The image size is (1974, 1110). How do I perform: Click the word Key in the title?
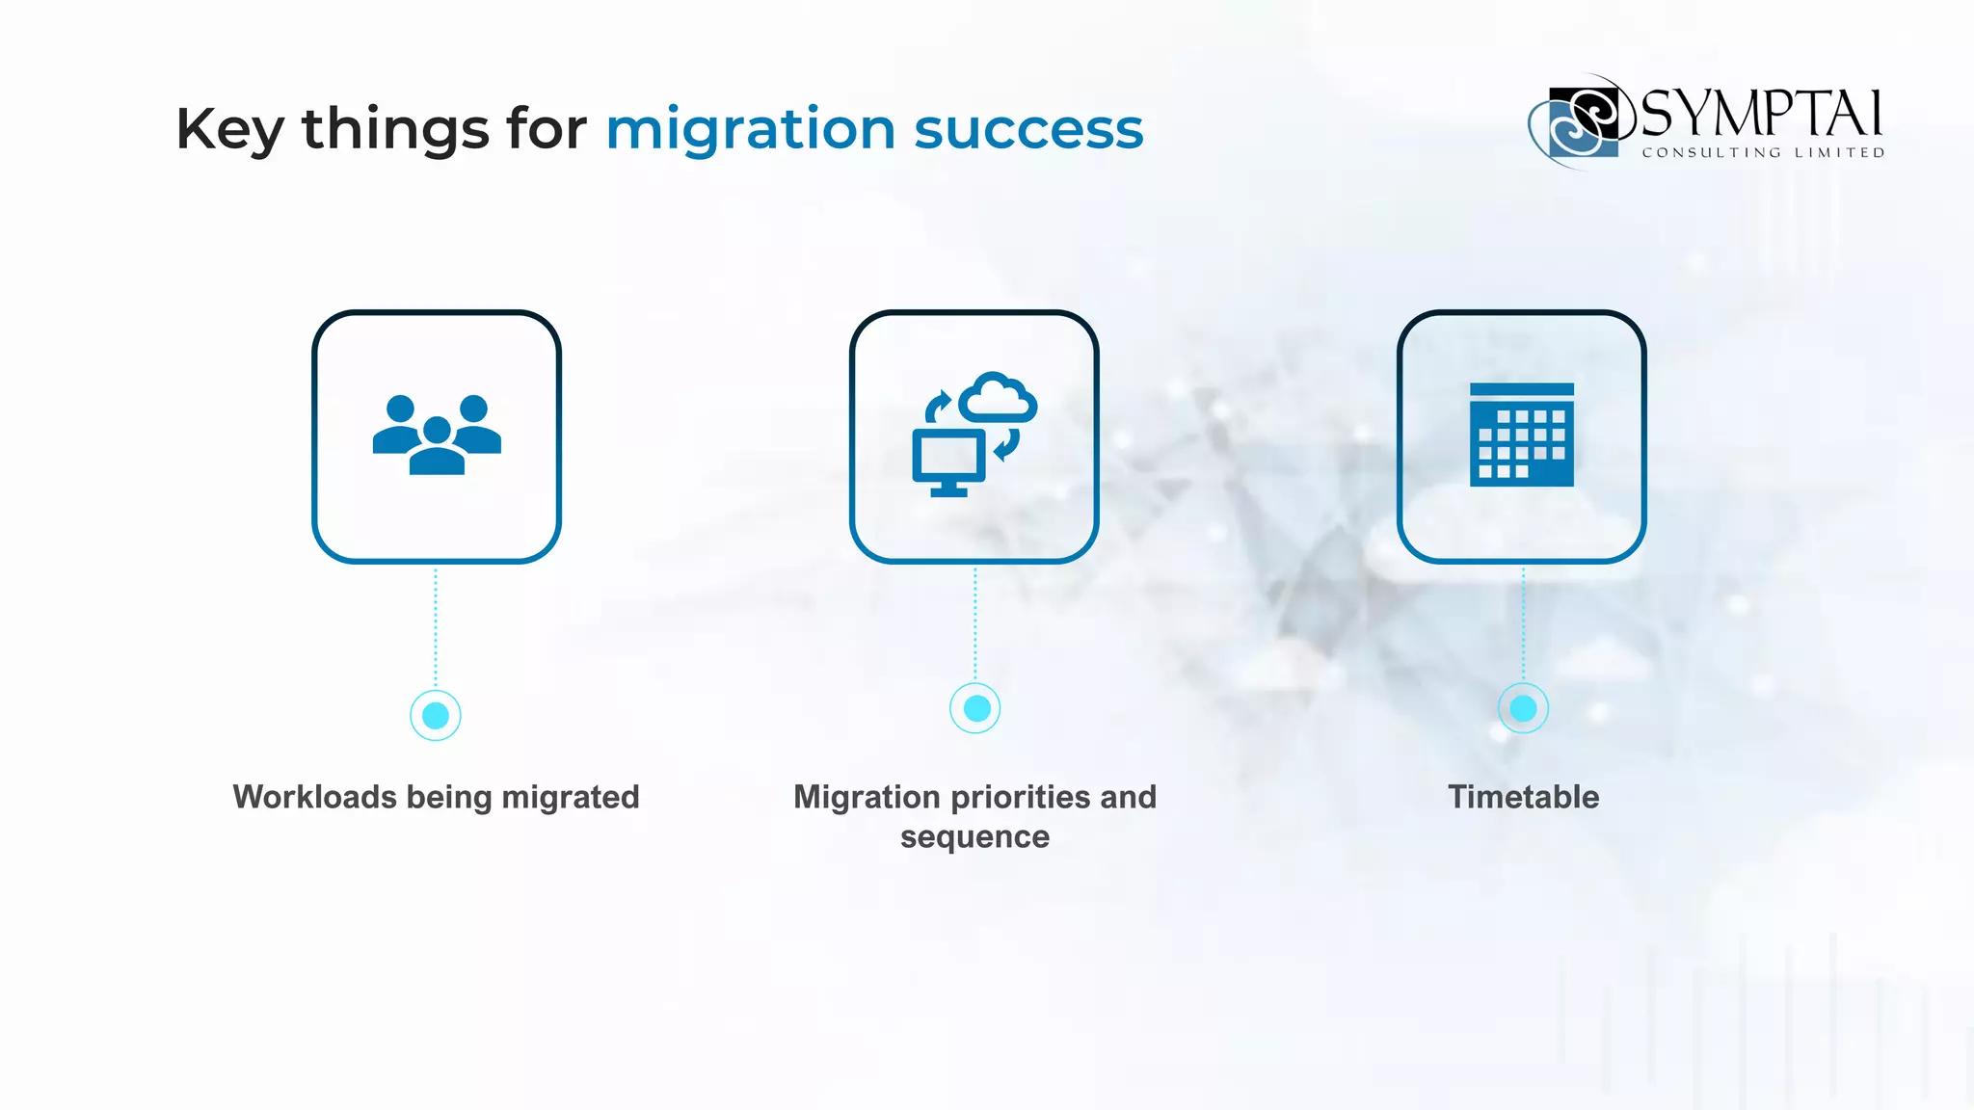click(229, 130)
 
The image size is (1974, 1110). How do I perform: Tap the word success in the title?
click(1028, 129)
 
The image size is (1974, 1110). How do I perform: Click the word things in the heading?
click(395, 130)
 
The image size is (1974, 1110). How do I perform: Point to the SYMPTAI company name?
click(1760, 114)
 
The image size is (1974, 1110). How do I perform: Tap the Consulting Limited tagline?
click(1763, 153)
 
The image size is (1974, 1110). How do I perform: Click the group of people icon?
click(437, 435)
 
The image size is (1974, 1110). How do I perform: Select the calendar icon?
click(1521, 435)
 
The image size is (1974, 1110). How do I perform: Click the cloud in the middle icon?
click(999, 397)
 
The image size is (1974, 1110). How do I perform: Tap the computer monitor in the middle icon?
click(948, 461)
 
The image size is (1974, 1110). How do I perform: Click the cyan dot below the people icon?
click(436, 715)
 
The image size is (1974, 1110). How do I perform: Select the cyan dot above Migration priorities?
click(975, 708)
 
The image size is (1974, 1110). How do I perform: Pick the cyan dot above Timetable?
click(1523, 708)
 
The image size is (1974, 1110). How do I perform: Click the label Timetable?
click(1523, 797)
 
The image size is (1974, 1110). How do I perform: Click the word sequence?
click(974, 836)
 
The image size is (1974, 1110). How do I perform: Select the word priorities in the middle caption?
click(1021, 797)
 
